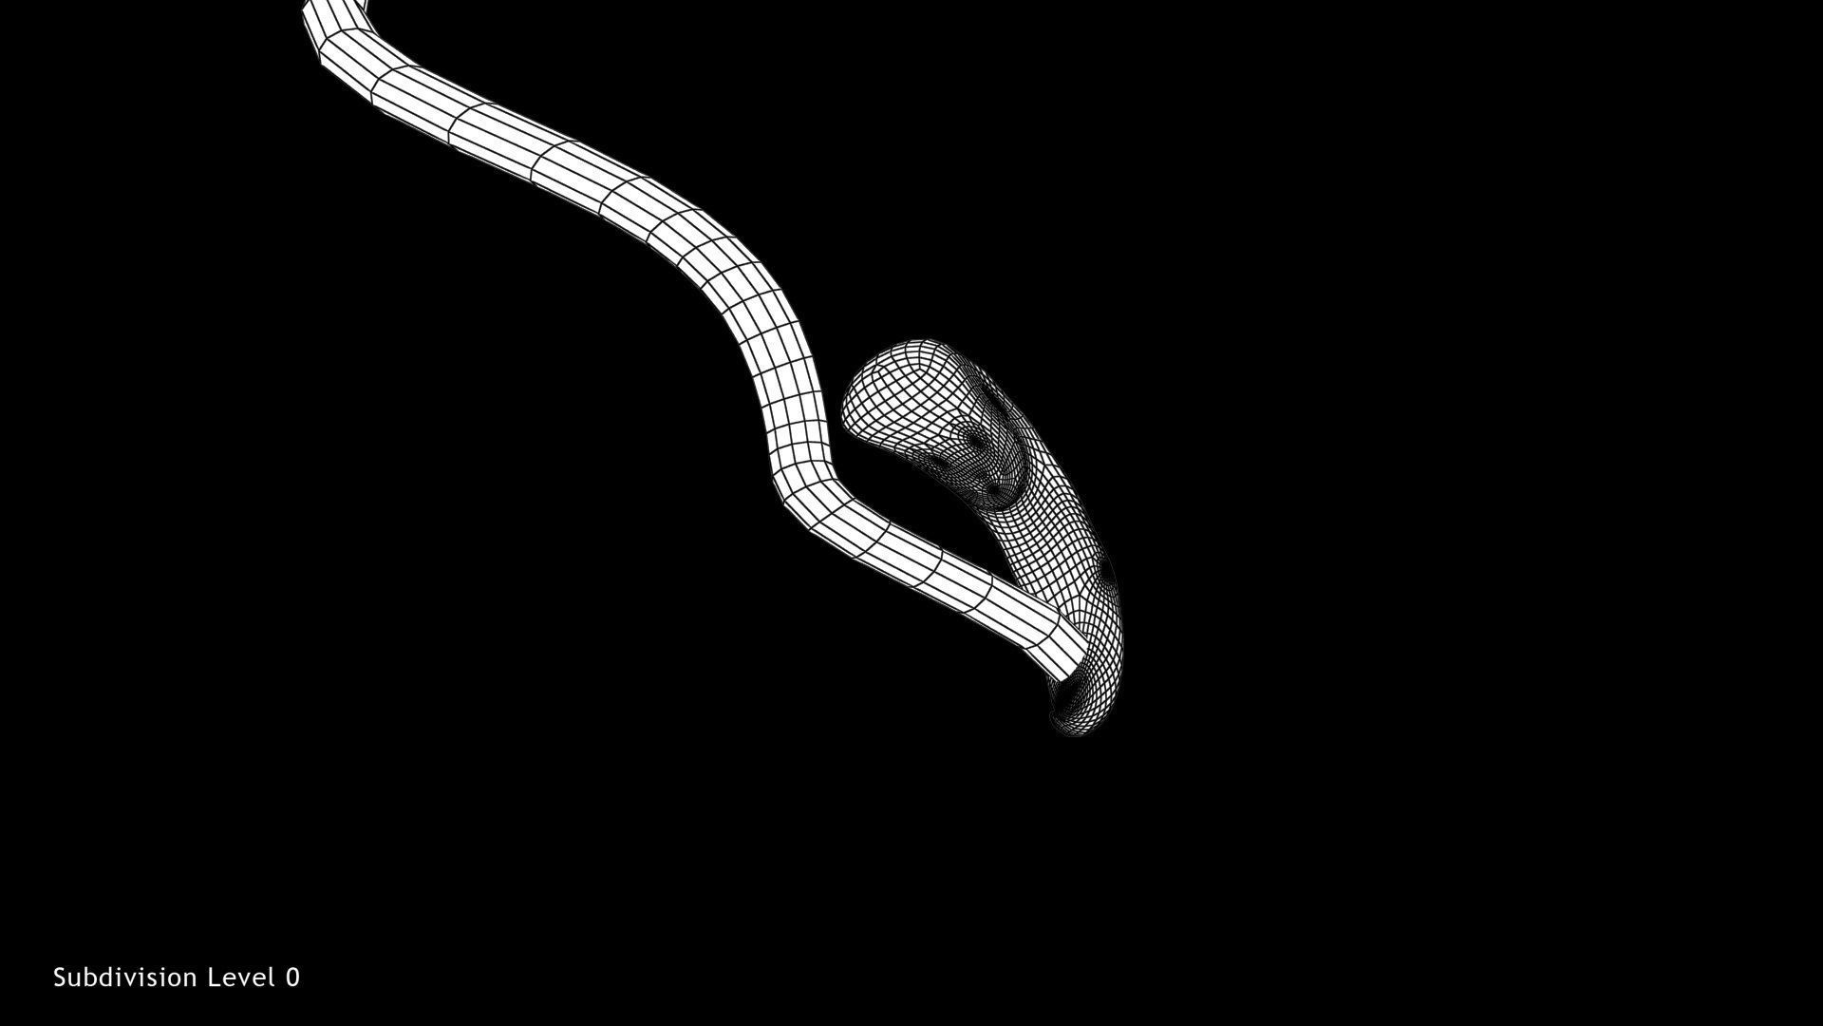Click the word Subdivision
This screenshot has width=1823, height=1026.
point(125,978)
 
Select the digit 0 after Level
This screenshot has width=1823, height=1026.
point(292,978)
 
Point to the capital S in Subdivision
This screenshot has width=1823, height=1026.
point(60,978)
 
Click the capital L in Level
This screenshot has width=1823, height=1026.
point(216,978)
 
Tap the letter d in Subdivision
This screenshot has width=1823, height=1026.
point(110,978)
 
